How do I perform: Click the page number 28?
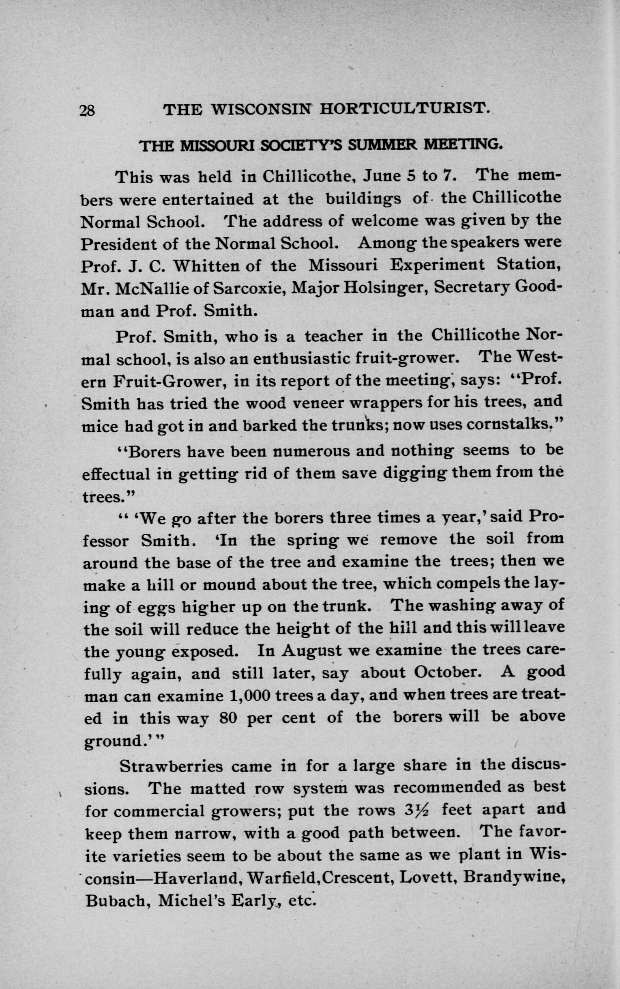(87, 111)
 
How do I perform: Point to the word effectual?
(116, 474)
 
